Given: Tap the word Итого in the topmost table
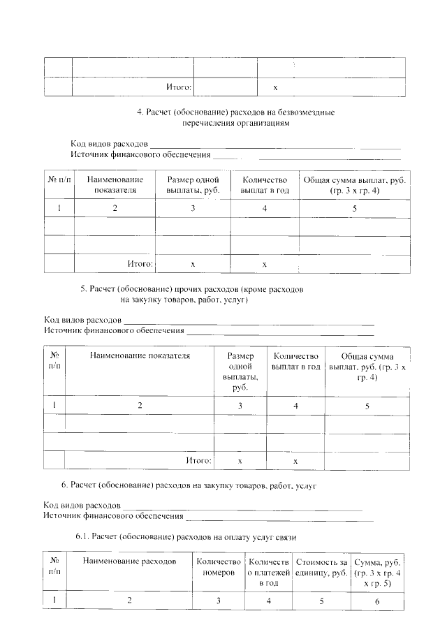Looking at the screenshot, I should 178,88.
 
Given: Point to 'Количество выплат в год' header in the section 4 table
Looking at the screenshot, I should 264,184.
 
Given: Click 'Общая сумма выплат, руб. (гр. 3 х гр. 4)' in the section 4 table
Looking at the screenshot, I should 354,184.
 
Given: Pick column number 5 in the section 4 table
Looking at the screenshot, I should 354,209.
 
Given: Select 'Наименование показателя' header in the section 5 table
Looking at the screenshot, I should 140,355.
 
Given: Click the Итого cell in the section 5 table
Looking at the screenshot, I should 198,461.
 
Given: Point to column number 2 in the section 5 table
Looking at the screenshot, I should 140,406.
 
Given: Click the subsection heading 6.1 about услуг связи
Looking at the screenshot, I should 186,538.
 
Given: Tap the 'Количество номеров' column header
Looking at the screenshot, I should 219,566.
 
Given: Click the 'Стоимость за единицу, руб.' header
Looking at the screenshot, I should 321,566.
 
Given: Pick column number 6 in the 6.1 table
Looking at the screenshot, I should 377,601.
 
